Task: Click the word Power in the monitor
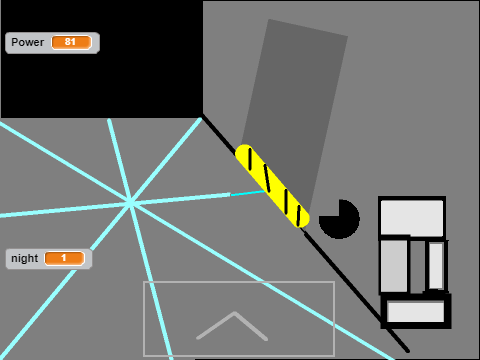coord(27,42)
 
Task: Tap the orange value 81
coord(71,42)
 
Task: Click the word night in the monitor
coord(24,258)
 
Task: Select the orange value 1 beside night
coord(64,258)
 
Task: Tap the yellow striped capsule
coord(272,186)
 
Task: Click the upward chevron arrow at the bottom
coord(232,326)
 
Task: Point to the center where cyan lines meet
coord(130,203)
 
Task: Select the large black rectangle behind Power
coord(102,59)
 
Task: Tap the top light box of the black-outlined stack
coord(412,217)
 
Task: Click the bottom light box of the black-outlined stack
coord(416,311)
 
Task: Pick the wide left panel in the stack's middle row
coord(394,266)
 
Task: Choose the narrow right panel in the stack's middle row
coord(436,265)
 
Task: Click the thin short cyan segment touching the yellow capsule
coord(248,193)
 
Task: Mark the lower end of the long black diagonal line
coord(408,351)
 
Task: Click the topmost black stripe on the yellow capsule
coord(250,159)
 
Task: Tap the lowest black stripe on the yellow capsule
coord(299,215)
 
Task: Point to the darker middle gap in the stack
coord(418,267)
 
